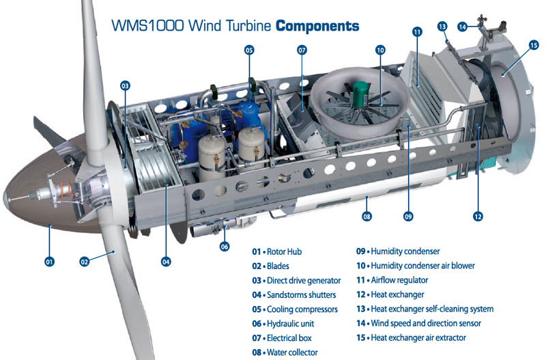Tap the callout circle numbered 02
(85, 261)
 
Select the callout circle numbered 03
(125, 86)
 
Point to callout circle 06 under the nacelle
(224, 247)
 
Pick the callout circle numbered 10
(380, 50)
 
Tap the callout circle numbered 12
(478, 217)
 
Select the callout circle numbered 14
(463, 27)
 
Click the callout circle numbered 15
(533, 45)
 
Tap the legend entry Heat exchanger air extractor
(429, 337)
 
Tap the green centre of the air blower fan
(359, 90)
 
